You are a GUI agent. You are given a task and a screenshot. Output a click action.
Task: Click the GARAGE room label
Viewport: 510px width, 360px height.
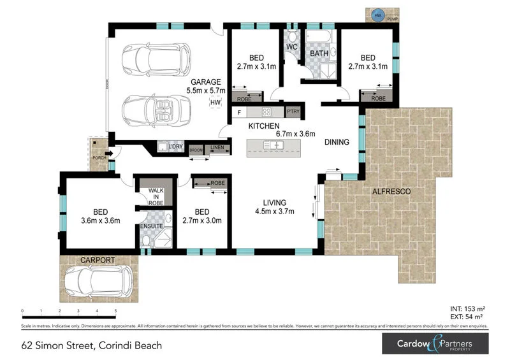(x=205, y=82)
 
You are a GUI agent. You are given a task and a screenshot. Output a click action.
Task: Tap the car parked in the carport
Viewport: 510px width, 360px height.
(x=98, y=279)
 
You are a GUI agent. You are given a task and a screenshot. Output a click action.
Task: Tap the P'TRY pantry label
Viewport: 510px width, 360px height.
(x=293, y=113)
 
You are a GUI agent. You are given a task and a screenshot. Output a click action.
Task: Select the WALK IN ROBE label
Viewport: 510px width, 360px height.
(x=156, y=196)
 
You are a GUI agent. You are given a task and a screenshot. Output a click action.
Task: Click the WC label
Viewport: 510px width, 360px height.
(x=292, y=47)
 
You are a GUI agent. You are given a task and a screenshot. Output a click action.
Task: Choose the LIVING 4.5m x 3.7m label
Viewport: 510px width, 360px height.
(x=274, y=207)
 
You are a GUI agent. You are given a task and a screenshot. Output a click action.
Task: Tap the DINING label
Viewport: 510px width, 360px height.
(x=337, y=142)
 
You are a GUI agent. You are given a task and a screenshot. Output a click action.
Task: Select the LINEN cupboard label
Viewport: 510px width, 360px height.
(x=217, y=148)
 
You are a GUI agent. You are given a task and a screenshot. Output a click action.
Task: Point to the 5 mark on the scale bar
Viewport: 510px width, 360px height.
(x=115, y=312)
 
